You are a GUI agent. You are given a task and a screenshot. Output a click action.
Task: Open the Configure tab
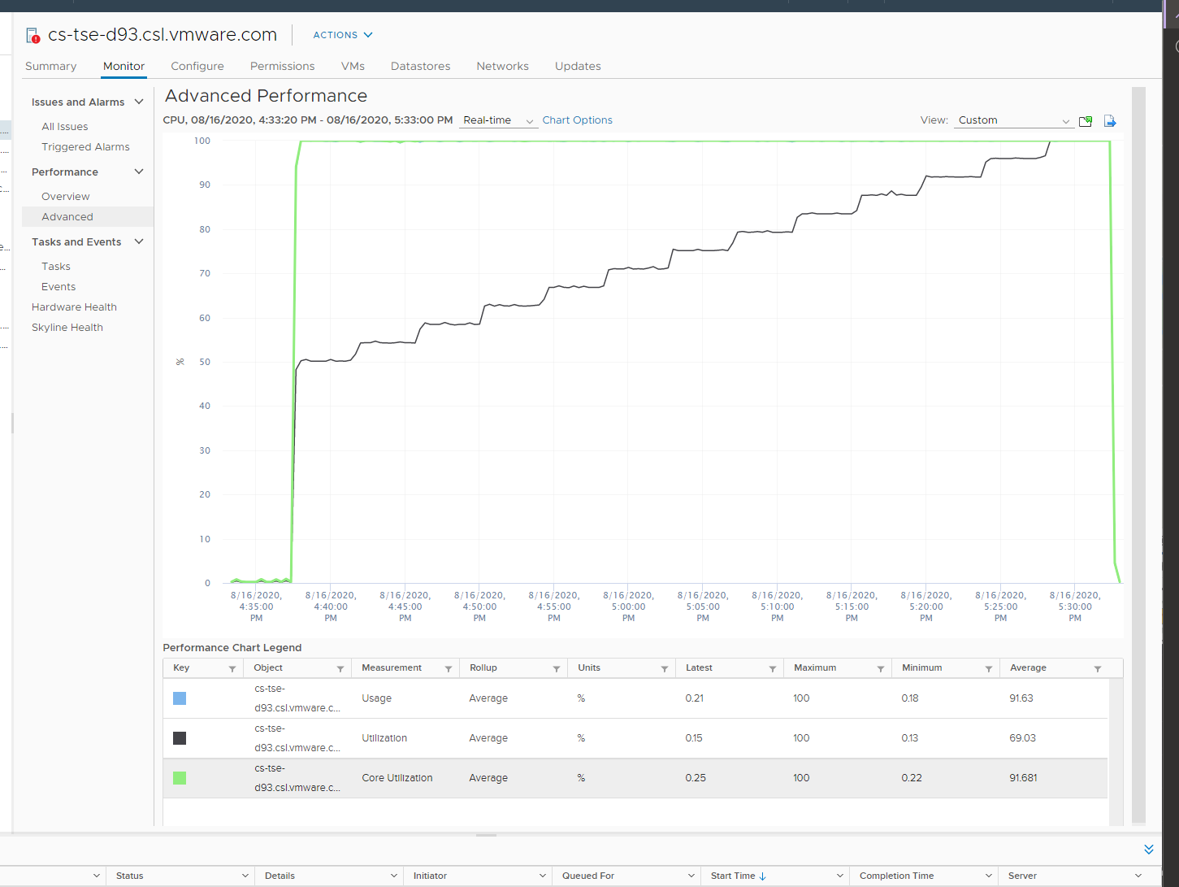point(197,66)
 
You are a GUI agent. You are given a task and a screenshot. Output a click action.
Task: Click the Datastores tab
point(420,66)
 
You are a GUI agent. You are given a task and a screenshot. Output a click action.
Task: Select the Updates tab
point(578,66)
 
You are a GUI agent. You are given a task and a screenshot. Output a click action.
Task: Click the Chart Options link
point(577,120)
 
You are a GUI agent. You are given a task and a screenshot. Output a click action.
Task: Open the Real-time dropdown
point(498,120)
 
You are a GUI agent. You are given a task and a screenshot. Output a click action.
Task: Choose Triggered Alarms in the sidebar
point(85,146)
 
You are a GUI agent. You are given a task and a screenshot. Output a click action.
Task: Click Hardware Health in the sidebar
point(74,307)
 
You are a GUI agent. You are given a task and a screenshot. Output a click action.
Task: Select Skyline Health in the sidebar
point(67,327)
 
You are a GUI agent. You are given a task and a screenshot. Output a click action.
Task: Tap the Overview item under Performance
point(66,196)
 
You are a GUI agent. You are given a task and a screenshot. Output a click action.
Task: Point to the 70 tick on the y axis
point(205,273)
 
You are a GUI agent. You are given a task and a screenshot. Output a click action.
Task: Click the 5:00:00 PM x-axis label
point(628,607)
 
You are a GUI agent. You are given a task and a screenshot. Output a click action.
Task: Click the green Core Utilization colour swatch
point(180,777)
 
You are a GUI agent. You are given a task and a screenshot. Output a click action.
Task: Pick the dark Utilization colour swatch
point(180,737)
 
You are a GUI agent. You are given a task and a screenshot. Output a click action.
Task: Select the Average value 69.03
point(1022,737)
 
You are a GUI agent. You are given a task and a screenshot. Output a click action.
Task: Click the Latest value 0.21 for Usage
point(694,698)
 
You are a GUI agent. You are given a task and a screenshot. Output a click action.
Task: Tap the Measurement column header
point(392,667)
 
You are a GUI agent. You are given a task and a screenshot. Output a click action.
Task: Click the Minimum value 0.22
point(911,777)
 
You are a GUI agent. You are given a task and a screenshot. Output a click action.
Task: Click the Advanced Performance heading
point(266,96)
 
